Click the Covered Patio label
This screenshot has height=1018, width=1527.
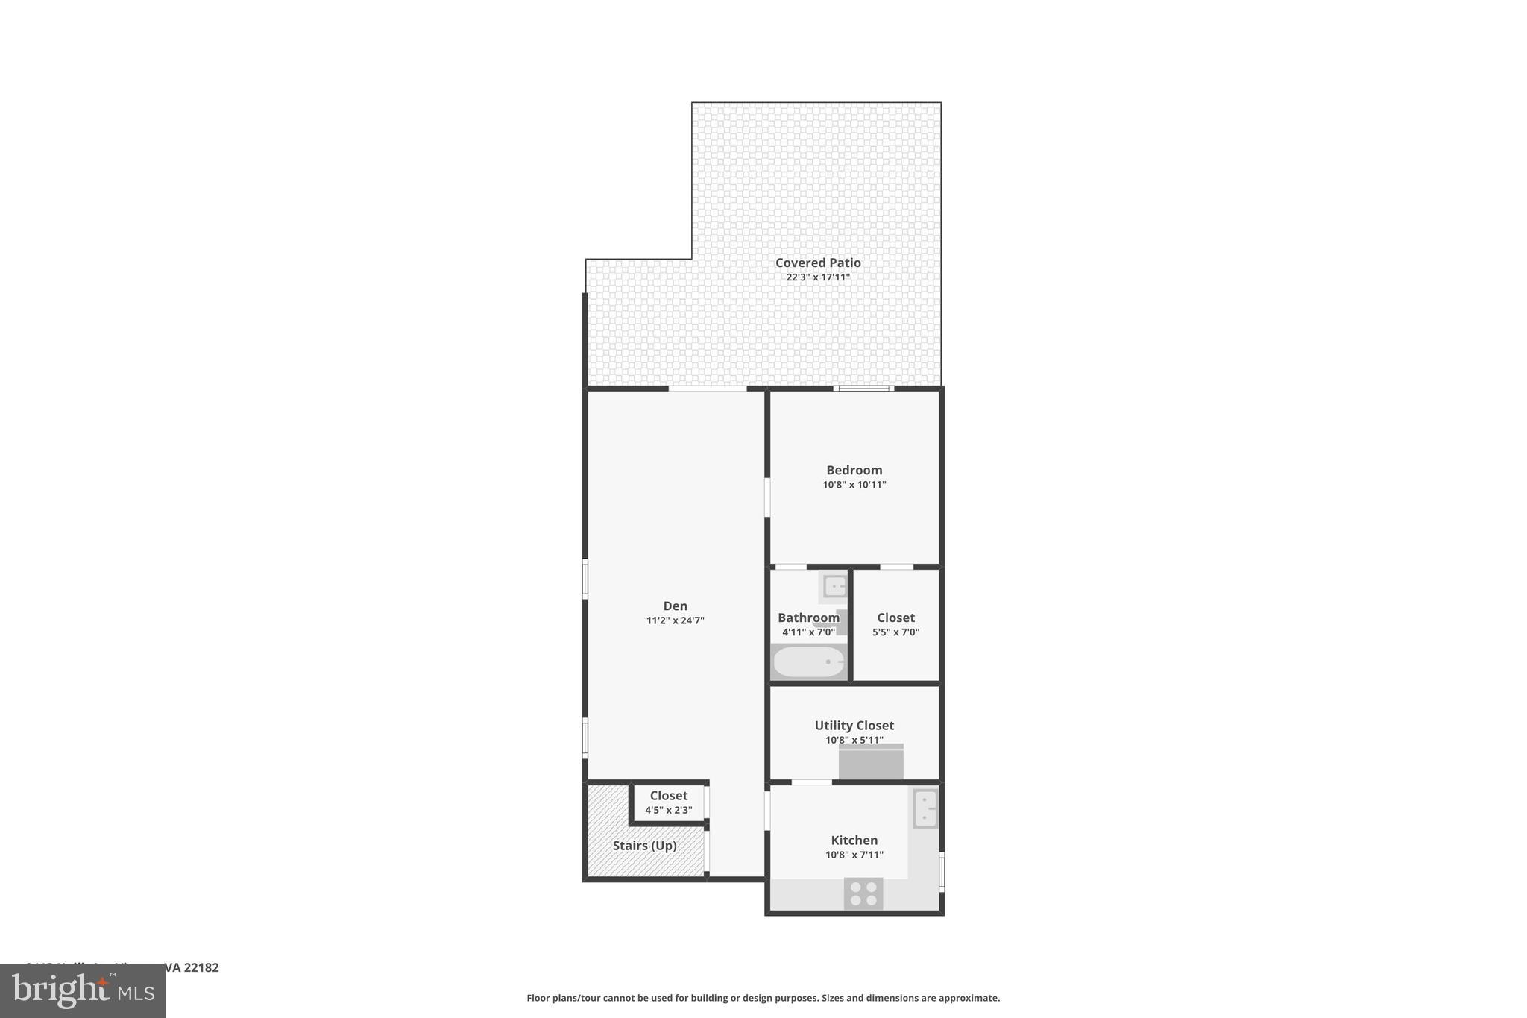tap(818, 263)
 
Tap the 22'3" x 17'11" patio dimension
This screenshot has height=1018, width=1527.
tap(818, 277)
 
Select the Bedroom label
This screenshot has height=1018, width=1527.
tap(854, 470)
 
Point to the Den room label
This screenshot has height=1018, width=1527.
tap(675, 606)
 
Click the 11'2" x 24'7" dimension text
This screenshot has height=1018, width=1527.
tap(675, 620)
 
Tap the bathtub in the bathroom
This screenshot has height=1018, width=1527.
tap(809, 662)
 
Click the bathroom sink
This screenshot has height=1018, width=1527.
tap(834, 586)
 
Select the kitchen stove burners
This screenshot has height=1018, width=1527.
tap(863, 893)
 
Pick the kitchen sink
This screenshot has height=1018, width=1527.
tap(925, 808)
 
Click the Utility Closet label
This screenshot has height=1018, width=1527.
tap(854, 725)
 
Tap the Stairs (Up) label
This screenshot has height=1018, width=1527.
tap(644, 846)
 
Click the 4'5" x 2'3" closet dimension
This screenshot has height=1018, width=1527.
tap(668, 811)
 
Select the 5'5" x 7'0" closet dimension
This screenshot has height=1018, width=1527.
tap(895, 632)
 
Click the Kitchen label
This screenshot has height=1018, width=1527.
tap(854, 840)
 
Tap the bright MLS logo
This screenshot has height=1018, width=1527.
tap(83, 990)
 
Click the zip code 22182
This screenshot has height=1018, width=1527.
tap(201, 968)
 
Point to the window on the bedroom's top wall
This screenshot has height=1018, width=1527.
tap(863, 388)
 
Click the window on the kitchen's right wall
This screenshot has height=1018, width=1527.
tap(942, 871)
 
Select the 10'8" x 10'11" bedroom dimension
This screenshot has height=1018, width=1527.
tap(854, 485)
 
